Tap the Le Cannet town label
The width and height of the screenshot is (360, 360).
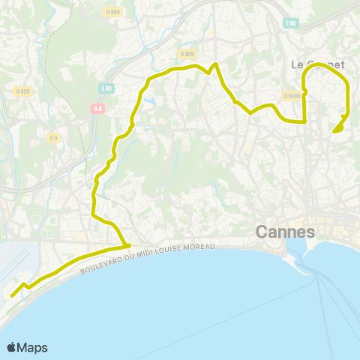click(318, 64)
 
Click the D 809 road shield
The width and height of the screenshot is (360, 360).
click(187, 54)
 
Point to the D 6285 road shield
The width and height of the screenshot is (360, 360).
click(292, 95)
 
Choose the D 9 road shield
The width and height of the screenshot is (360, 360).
click(53, 138)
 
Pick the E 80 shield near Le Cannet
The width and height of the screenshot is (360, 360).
click(290, 23)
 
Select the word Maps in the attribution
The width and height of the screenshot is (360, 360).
click(33, 347)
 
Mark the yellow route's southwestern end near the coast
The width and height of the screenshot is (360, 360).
click(13, 295)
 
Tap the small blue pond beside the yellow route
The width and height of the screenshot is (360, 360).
click(152, 101)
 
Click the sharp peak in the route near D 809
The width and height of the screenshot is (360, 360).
click(216, 65)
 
